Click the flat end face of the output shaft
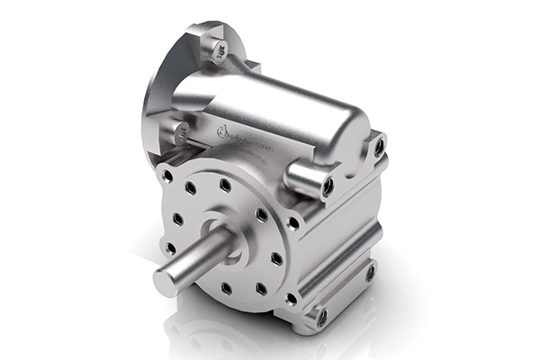point(166,282)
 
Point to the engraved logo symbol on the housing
point(220,134)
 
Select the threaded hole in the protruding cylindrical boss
point(328,187)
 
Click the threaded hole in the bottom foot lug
point(321,317)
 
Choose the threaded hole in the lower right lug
point(369,271)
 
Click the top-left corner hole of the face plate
point(167,177)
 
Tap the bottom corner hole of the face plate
point(291,298)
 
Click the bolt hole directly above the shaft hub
point(225,184)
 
